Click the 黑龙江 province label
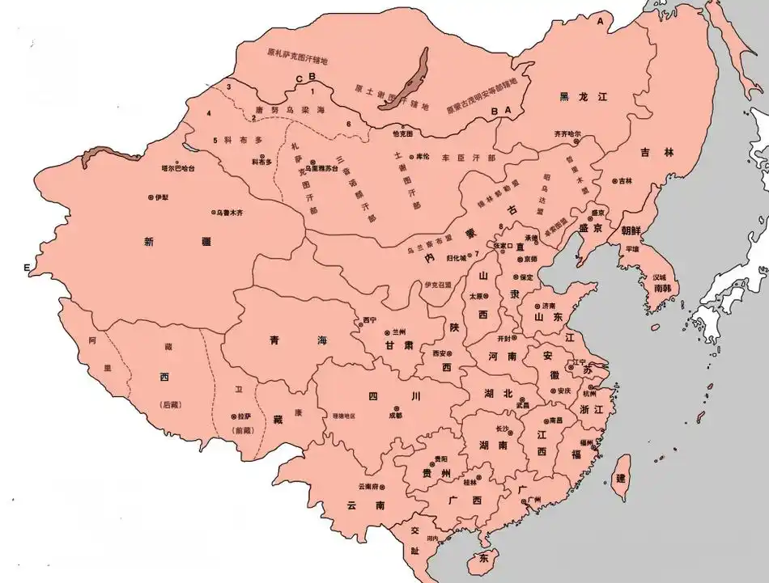coord(583,97)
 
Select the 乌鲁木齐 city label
coord(231,213)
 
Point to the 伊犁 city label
coord(160,197)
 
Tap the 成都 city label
coord(394,416)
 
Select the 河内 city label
coord(433,539)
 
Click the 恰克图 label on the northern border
coord(402,133)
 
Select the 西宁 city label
coord(370,320)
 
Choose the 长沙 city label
coord(501,428)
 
